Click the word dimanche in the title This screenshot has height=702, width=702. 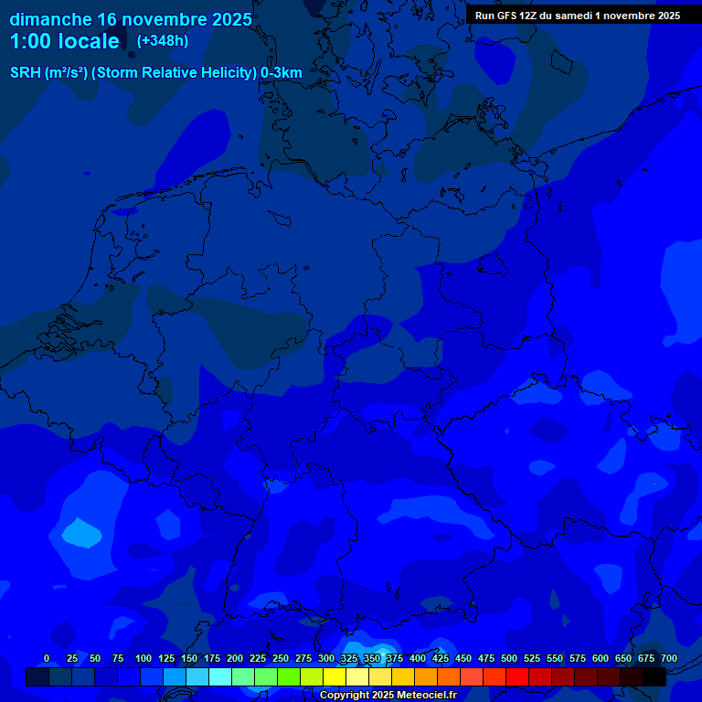(50, 19)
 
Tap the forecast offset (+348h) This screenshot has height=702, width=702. (162, 41)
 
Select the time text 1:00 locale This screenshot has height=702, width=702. (64, 41)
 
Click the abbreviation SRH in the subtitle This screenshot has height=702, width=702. (26, 73)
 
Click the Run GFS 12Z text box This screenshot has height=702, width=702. (577, 16)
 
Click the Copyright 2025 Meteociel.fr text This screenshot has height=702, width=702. (388, 696)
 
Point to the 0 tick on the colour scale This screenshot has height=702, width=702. (47, 658)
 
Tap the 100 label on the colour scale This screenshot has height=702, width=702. (144, 658)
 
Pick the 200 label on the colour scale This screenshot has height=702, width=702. (235, 658)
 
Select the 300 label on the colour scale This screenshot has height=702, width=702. (326, 658)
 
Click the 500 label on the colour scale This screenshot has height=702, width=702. (509, 658)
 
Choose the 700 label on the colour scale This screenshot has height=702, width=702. (669, 658)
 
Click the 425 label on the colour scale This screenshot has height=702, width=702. (441, 658)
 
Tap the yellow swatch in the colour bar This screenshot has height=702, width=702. (335, 676)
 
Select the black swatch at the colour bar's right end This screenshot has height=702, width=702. (654, 676)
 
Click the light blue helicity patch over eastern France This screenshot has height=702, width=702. (82, 531)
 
